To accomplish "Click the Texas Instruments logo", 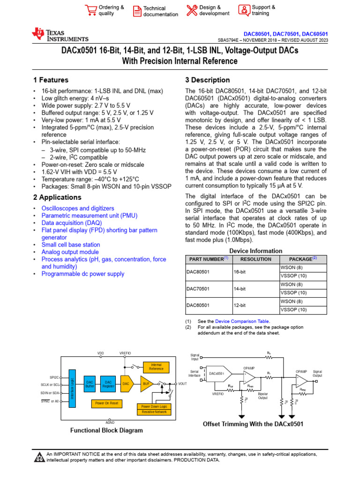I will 60,35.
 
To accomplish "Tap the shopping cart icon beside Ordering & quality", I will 90,10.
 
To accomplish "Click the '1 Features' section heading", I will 51,80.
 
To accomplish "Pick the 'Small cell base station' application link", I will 71,245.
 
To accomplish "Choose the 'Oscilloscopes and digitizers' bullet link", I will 78,208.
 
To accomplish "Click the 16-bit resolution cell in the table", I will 240,271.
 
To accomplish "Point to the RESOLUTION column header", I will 255,259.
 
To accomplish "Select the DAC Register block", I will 109,384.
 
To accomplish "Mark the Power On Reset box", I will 107,403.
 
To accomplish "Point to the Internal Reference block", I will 156,367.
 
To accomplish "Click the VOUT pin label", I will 183,383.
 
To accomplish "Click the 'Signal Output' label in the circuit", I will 317,374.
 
